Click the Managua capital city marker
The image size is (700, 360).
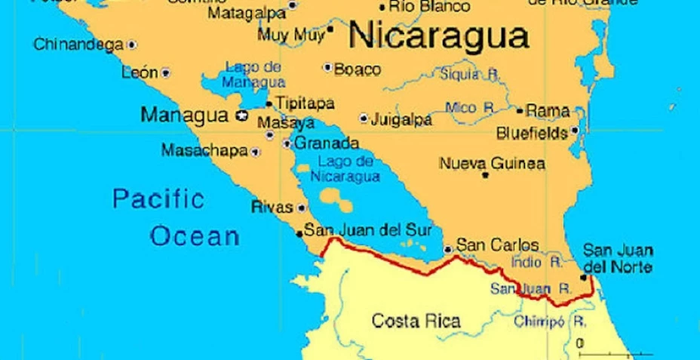242,115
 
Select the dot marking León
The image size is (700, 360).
165,73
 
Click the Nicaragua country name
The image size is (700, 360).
438,35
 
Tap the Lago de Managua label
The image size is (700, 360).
254,75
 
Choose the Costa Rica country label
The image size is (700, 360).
416,321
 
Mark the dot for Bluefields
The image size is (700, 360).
575,131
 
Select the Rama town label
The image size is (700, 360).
548,111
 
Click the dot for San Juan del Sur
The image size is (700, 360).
299,232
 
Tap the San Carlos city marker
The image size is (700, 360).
448,248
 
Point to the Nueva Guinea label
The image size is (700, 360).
492,163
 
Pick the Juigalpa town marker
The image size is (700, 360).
364,118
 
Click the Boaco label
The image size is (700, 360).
357,69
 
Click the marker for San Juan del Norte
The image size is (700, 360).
583,278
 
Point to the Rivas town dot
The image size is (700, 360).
302,208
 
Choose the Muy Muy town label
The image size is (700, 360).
290,35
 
